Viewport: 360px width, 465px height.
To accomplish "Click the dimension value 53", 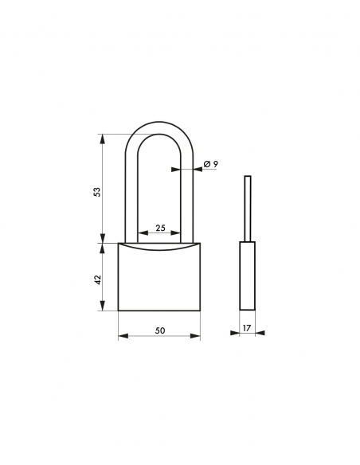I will pos(97,191).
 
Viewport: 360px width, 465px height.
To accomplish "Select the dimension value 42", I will pos(97,279).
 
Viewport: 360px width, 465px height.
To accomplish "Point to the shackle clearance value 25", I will pos(159,229).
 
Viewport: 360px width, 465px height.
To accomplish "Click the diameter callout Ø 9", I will pos(210,163).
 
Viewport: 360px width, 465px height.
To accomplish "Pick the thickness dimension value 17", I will pos(248,327).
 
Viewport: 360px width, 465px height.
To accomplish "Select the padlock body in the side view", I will pos(248,275).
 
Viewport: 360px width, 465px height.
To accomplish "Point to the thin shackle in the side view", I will pos(248,207).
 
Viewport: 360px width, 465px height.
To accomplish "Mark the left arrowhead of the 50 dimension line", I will pos(122,335).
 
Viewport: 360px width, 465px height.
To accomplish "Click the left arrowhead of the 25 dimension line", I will pos(143,235).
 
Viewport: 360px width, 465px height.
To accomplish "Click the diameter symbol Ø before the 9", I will pos(206,163).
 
